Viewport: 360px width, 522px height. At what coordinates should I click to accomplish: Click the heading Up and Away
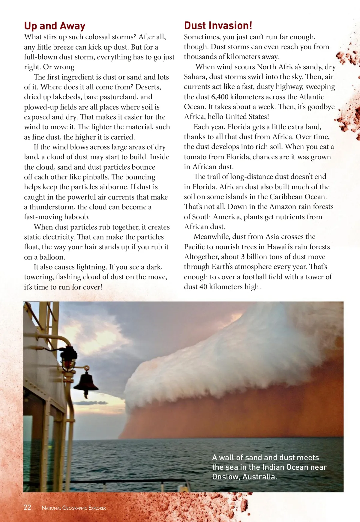(x=55, y=26)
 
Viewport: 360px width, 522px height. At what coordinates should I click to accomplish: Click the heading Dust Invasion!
(x=218, y=26)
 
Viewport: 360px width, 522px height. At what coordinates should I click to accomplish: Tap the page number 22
(x=27, y=507)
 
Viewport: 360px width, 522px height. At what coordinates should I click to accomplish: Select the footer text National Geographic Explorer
(x=73, y=508)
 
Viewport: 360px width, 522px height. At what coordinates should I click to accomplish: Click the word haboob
(x=76, y=217)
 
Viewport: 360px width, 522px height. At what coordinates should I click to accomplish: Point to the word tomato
(x=196, y=157)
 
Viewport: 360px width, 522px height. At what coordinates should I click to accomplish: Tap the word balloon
(x=52, y=257)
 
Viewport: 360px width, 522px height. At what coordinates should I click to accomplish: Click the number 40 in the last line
(x=203, y=287)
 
